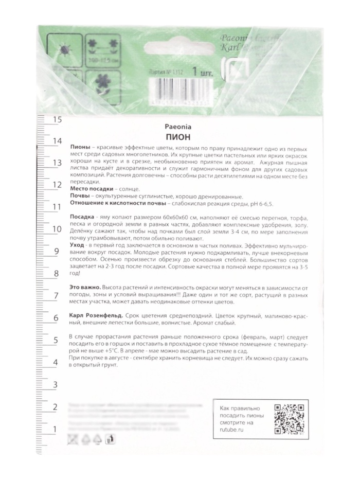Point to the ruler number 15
pyautogui.click(x=57, y=120)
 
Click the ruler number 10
pyautogui.click(x=57, y=229)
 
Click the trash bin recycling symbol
pyautogui.click(x=109, y=438)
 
